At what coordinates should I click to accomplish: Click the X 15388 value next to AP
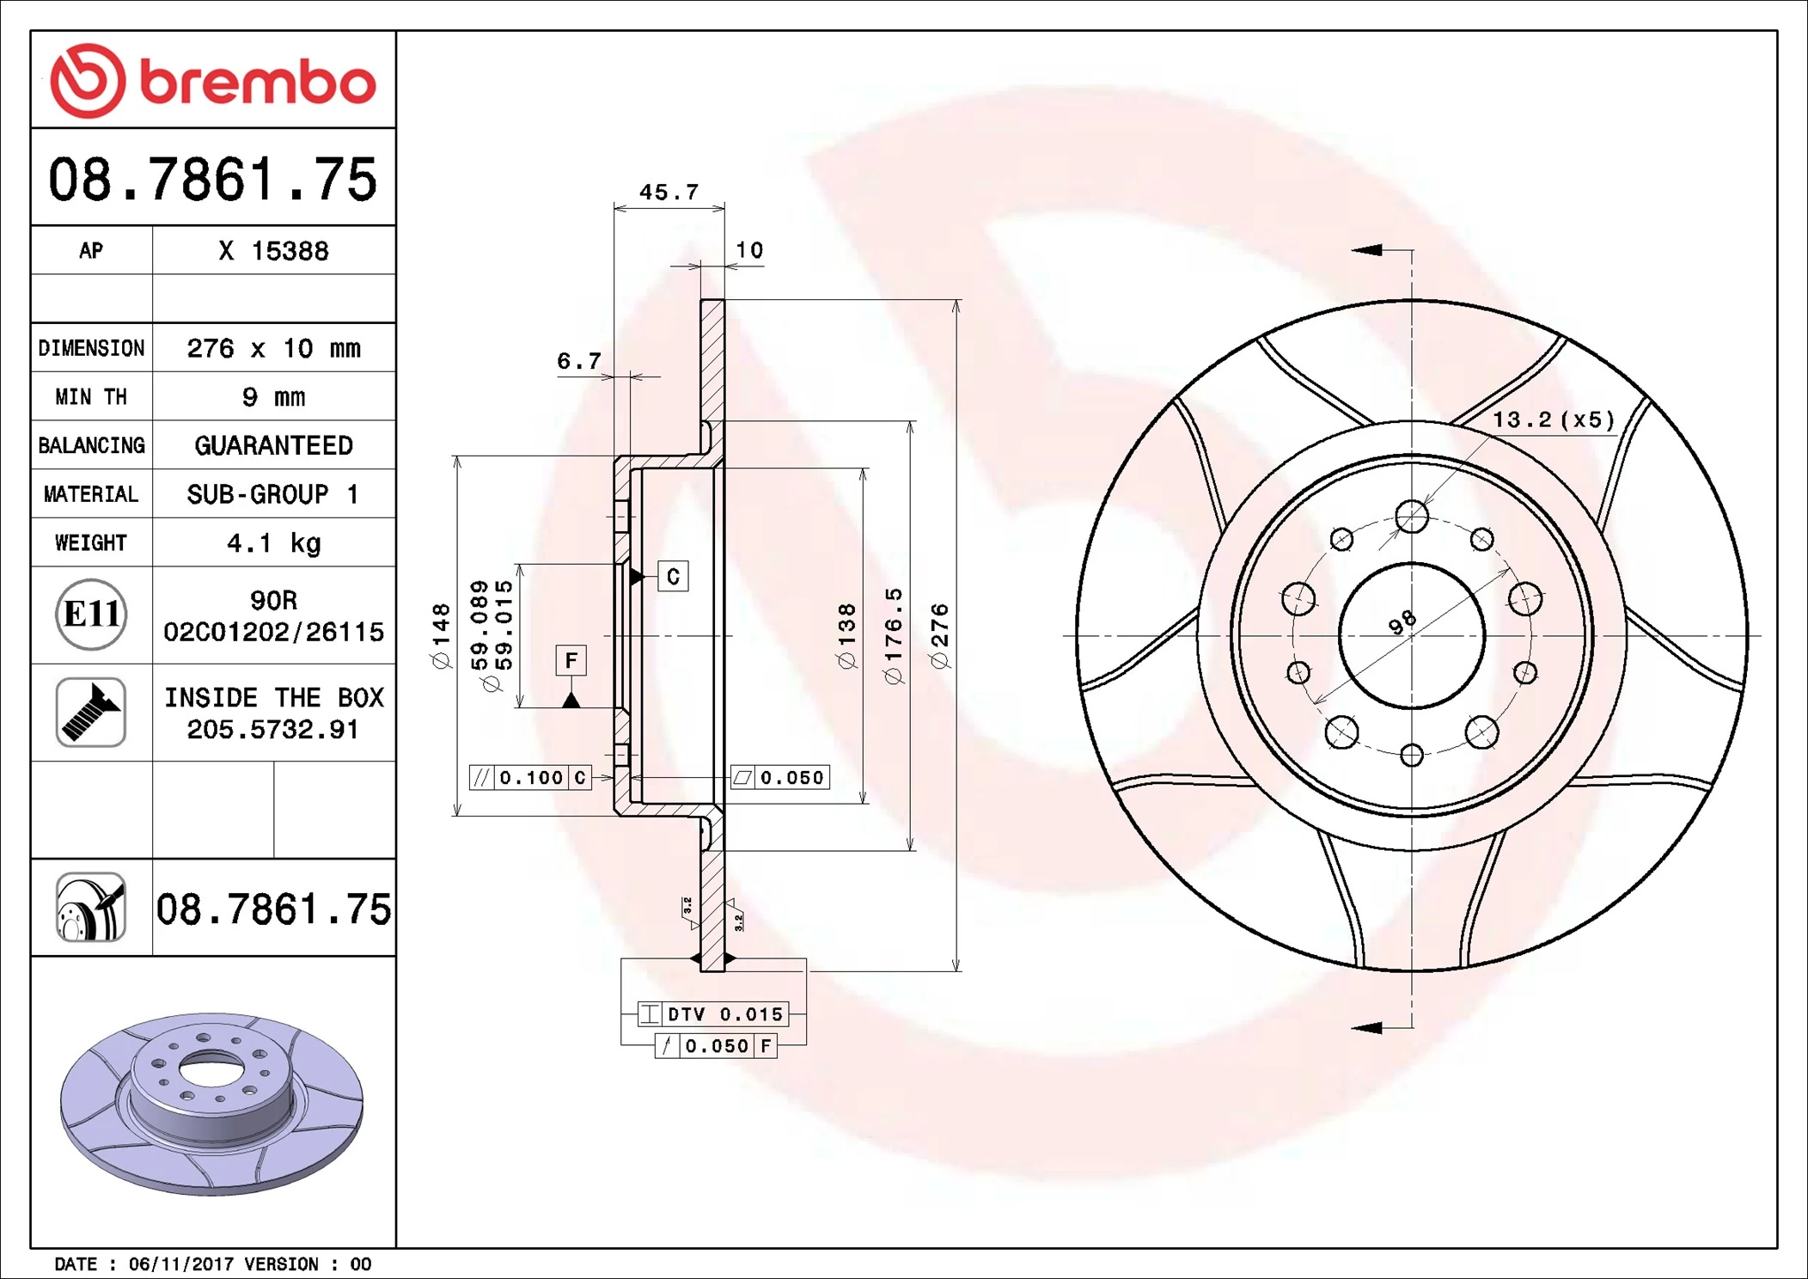pos(273,251)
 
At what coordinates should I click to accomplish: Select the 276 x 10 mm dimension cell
pos(273,348)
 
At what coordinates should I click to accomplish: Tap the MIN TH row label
pos(91,397)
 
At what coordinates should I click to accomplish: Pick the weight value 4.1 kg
pos(273,543)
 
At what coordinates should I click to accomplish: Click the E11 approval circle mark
pos(91,615)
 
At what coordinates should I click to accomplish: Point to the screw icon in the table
pos(91,712)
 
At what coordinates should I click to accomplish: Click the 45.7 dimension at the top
pos(669,193)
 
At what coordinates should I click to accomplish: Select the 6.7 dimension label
pos(579,361)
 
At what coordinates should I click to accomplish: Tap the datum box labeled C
pos(673,577)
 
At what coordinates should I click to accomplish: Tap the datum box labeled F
pos(571,661)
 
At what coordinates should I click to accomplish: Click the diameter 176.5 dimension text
pos(894,636)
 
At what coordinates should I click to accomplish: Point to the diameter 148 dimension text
pos(441,636)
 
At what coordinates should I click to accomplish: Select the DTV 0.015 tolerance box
pos(713,1014)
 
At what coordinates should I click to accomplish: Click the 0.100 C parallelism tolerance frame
pos(531,778)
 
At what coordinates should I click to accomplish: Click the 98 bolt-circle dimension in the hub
pos(1402,621)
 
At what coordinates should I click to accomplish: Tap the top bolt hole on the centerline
pos(1412,517)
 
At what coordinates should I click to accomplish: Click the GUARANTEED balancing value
pos(273,445)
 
